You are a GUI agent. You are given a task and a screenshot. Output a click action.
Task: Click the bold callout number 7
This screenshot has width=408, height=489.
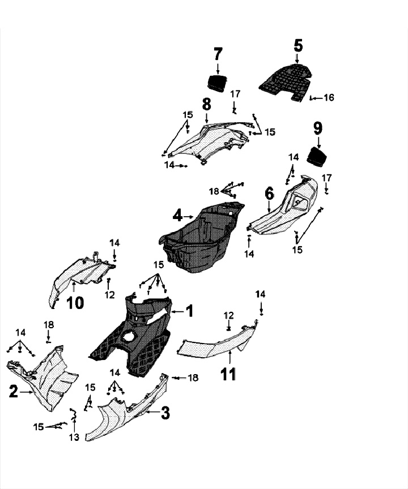click(x=218, y=54)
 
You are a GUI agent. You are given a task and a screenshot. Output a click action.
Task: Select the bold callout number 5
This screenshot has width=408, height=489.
click(x=299, y=44)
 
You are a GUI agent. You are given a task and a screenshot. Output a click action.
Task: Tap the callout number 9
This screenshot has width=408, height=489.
click(x=318, y=128)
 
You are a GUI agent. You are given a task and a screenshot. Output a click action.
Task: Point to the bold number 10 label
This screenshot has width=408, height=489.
click(x=75, y=303)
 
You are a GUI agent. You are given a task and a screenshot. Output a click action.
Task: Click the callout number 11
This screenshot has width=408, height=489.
click(x=229, y=374)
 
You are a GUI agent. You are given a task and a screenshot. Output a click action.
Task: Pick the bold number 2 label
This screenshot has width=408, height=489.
click(x=12, y=390)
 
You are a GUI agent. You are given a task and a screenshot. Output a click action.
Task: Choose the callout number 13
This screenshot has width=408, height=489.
click(x=74, y=437)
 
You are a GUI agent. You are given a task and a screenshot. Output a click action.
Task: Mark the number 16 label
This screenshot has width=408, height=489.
click(x=328, y=98)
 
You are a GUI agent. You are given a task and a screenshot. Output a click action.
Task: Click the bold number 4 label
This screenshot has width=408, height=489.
click(x=177, y=216)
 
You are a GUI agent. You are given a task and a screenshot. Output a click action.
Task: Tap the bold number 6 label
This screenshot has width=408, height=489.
click(x=269, y=194)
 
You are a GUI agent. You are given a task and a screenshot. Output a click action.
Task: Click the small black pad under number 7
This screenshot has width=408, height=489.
click(x=217, y=83)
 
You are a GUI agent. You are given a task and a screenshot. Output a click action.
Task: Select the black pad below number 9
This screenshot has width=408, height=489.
click(x=318, y=156)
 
